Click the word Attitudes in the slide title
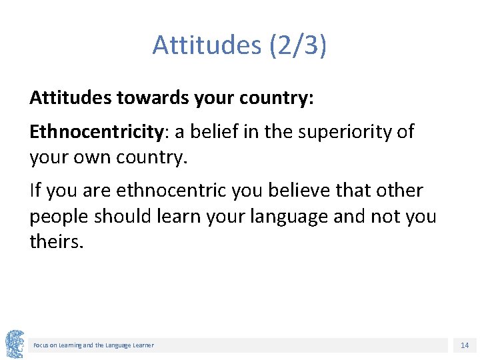tap(207, 45)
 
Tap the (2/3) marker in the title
tap(297, 45)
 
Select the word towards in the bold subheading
tap(155, 98)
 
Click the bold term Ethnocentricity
tap(96, 132)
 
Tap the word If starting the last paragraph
tap(37, 191)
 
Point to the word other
tap(399, 191)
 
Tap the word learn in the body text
tap(175, 217)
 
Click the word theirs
tap(57, 241)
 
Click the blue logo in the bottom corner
tap(15, 343)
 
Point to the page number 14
tap(464, 345)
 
